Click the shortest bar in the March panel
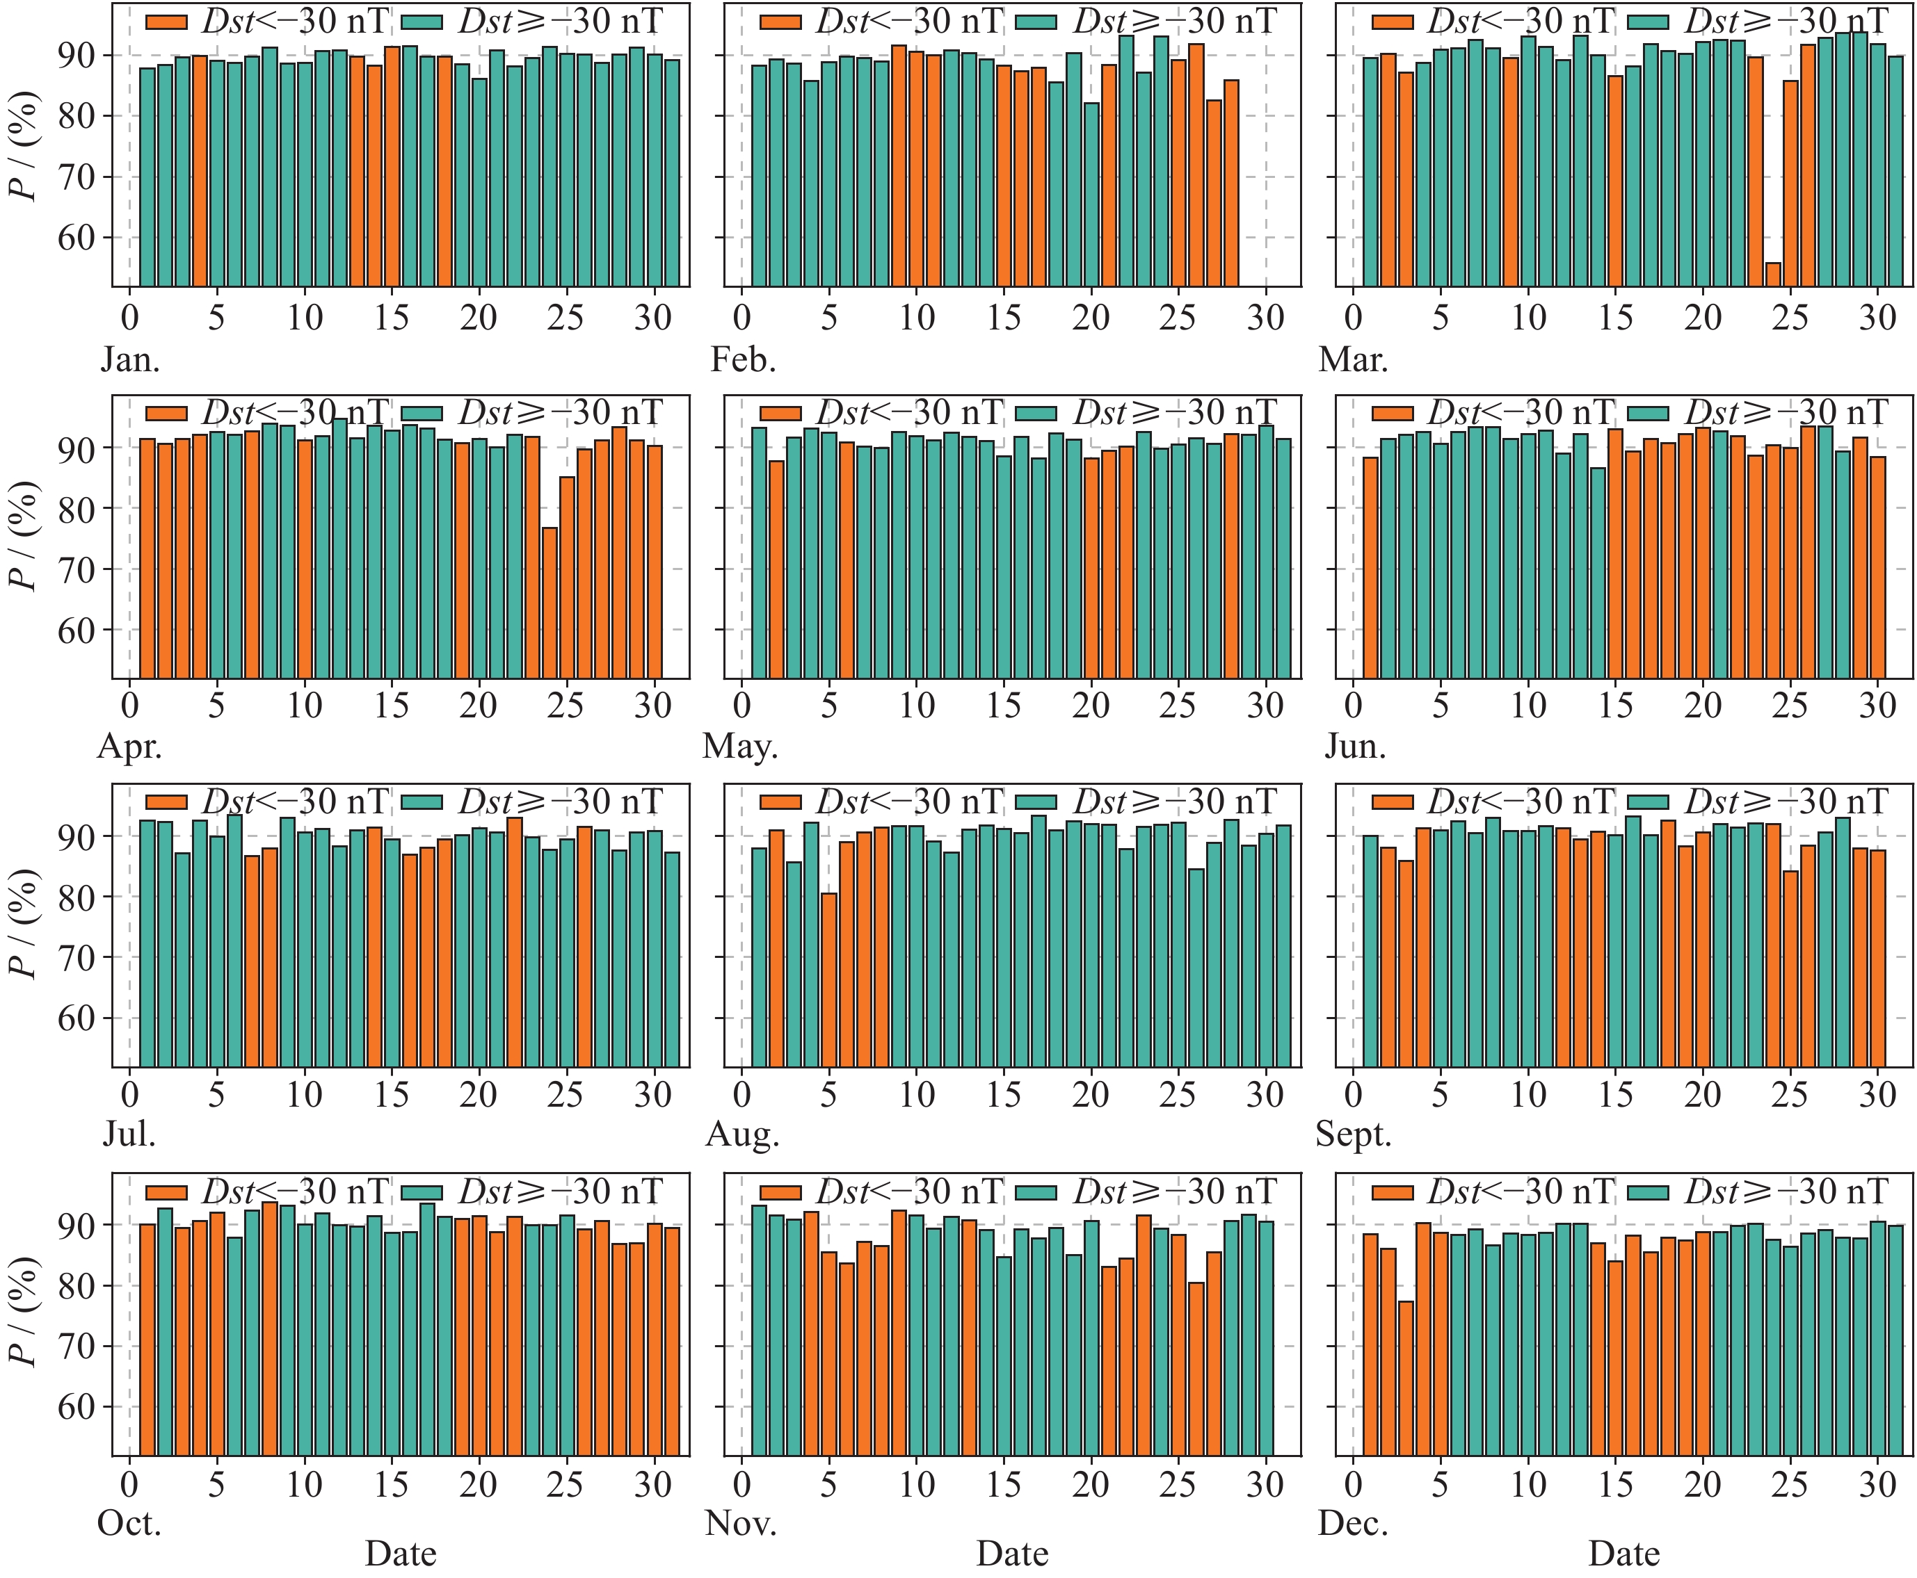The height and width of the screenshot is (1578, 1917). click(x=1773, y=275)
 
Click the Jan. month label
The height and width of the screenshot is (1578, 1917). click(x=130, y=360)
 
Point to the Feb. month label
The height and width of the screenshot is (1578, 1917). click(x=743, y=360)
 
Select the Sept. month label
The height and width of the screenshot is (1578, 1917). click(x=1353, y=1134)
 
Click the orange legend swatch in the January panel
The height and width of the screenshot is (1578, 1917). click(x=166, y=22)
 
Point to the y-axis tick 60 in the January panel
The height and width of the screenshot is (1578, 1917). click(x=77, y=238)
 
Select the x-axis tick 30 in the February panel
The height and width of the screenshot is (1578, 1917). click(x=1265, y=317)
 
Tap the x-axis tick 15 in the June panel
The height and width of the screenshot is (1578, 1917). click(x=1615, y=706)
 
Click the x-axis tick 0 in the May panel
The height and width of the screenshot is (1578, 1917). click(x=742, y=706)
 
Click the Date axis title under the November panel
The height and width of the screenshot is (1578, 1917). click(x=1012, y=1554)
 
